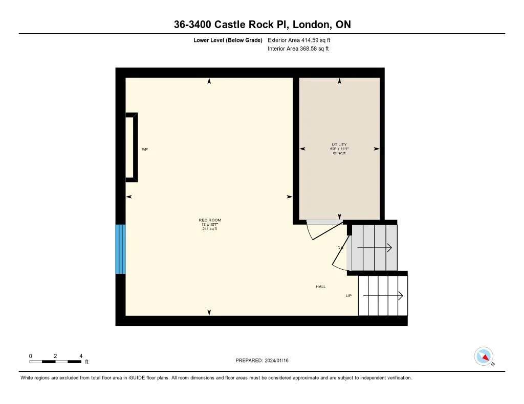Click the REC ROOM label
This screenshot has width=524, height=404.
coord(210,220)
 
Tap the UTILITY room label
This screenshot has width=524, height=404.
coord(339,145)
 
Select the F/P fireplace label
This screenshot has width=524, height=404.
coord(145,149)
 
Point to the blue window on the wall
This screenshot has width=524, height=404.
coord(120,249)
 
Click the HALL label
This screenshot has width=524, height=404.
coord(321,287)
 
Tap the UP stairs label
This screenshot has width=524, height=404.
coord(348,296)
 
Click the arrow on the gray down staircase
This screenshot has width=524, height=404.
coord(375,248)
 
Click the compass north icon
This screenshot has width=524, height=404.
coord(484,356)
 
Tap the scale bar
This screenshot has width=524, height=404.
coord(55,362)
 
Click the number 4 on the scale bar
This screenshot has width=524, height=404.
coord(81,356)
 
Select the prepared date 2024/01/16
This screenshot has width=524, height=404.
coord(266,361)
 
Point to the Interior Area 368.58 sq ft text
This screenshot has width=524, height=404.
coord(298,49)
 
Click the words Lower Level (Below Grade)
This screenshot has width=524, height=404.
coord(228,40)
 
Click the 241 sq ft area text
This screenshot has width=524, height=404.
coord(210,228)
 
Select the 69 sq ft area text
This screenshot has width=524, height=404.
coord(339,153)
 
